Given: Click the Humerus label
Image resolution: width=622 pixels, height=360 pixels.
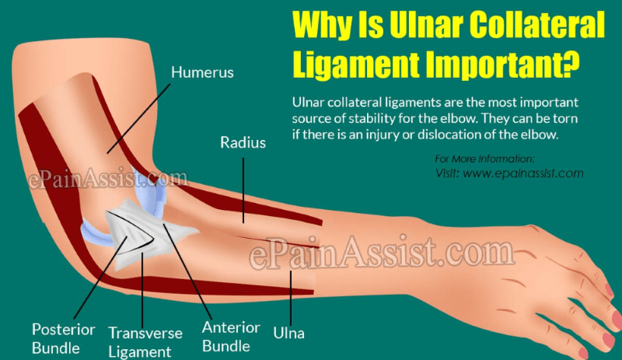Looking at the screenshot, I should click(x=202, y=73).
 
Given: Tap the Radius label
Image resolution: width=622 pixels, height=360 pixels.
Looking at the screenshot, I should click(x=243, y=143).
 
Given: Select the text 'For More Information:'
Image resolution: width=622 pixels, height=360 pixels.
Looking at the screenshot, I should click(x=484, y=159).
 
